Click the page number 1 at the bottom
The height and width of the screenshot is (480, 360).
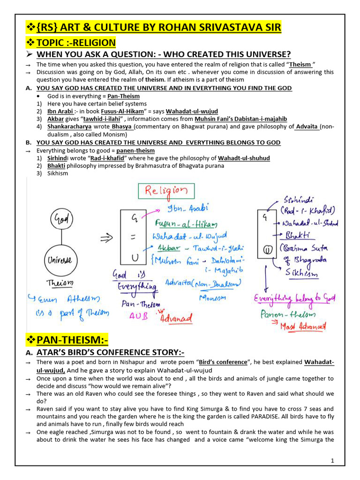pos(332,461)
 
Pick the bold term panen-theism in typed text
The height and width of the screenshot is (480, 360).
pos(135,150)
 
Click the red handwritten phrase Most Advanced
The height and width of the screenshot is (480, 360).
pos(303,327)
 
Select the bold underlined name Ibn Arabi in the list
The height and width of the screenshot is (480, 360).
pos(60,112)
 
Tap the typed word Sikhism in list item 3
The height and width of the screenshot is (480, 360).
pos(58,173)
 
